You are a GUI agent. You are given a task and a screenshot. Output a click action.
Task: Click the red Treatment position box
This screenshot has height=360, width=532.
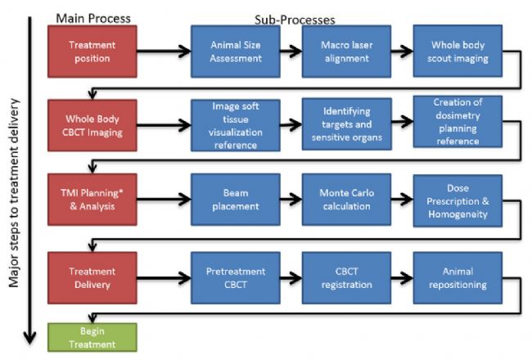92,52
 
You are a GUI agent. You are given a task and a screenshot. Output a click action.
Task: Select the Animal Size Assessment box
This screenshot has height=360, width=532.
236,52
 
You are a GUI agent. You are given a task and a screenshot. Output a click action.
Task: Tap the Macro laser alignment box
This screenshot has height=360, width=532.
346,52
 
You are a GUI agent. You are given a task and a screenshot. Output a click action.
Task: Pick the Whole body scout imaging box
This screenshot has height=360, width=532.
458,51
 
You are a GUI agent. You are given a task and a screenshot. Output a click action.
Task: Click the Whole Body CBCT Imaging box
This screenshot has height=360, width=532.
92,125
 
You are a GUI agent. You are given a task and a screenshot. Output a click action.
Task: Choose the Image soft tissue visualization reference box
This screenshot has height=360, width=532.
236,125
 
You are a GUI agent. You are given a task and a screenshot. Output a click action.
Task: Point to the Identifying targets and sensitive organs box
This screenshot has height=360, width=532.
347,124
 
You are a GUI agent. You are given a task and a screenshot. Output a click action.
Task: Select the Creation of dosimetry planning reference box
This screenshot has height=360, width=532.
458,121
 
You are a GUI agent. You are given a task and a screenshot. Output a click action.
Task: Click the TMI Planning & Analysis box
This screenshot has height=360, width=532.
92,200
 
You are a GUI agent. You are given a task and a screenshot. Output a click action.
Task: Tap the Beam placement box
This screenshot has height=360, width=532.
236,200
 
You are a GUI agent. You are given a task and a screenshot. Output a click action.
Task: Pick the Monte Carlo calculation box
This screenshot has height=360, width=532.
346,200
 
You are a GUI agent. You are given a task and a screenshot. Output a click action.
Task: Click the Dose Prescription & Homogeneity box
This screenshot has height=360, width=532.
458,201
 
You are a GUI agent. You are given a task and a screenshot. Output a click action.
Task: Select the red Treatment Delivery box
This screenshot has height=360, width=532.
92,278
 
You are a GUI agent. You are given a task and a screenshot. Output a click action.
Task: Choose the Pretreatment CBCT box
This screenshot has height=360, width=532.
236,278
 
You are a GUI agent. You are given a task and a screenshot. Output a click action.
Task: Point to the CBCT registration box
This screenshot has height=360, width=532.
346,278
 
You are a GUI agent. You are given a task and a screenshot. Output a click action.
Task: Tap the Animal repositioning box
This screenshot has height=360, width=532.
458,278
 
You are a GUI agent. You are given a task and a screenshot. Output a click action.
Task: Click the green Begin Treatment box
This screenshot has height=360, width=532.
92,337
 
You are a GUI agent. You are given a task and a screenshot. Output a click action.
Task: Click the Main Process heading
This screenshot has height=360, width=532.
93,18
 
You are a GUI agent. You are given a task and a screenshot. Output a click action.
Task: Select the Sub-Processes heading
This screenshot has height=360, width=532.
295,20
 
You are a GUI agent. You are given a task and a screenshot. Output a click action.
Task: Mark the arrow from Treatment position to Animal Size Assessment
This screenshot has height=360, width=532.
164,52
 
